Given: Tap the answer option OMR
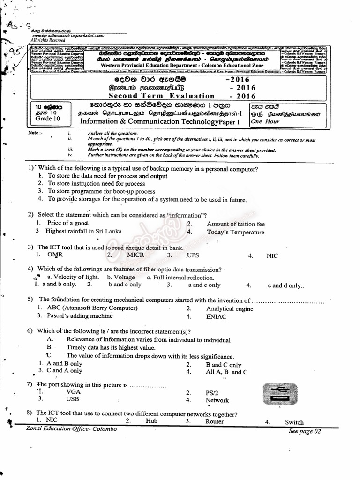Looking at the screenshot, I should click(55, 255).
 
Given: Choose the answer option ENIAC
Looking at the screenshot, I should click(216, 317).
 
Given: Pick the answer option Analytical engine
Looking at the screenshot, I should click(229, 308).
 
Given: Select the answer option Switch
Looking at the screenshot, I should click(294, 422).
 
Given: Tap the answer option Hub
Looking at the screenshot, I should click(151, 421).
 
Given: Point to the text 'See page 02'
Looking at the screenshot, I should click(305, 431).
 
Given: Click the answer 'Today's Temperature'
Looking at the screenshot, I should click(235, 232).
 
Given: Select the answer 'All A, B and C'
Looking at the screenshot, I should click(226, 372).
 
